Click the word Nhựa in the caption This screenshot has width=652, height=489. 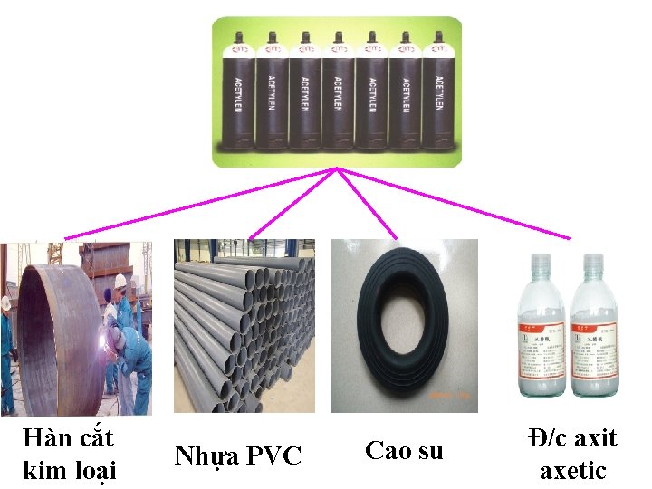[208, 455]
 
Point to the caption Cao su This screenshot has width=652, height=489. [404, 450]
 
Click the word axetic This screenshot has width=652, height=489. [572, 471]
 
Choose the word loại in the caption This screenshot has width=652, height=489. [93, 471]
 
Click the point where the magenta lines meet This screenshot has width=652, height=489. [337, 168]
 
